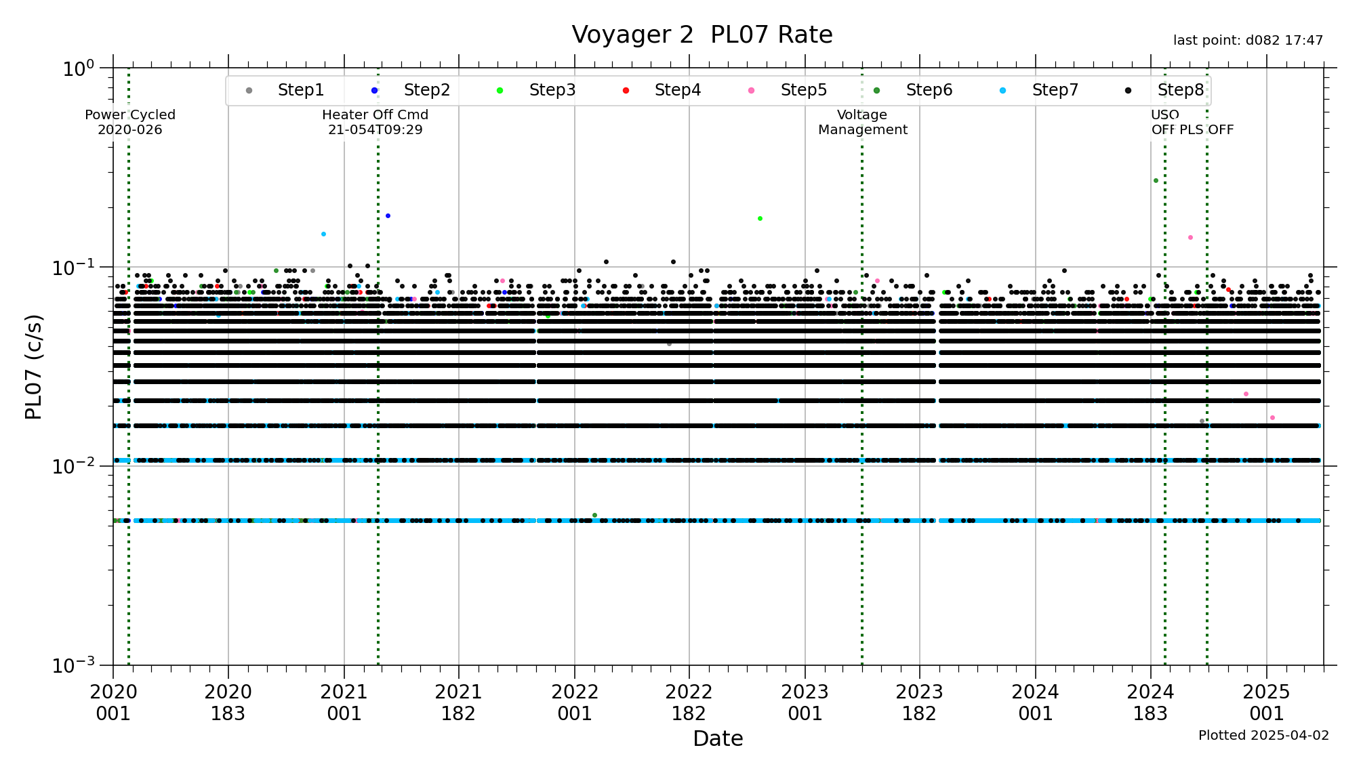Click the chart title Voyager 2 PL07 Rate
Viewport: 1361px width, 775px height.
tap(702, 35)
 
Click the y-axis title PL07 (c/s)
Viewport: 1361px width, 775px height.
tap(33, 366)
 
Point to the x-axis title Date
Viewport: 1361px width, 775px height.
tap(718, 738)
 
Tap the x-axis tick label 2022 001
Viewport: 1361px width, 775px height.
tap(575, 703)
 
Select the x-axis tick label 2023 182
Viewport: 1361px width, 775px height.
tap(920, 703)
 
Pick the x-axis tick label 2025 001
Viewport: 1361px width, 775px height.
tap(1266, 703)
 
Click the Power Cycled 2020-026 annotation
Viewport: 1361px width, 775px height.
tap(130, 122)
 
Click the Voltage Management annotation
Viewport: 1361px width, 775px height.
tap(862, 122)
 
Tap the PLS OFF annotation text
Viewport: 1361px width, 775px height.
tap(1206, 129)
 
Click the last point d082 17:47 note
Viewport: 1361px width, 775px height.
tap(1248, 41)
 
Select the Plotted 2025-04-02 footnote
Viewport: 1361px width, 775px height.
tap(1263, 735)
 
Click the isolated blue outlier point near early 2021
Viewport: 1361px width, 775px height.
tap(388, 215)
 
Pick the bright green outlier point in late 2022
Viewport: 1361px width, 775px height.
tap(760, 218)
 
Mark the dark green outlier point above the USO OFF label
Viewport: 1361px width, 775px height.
tap(1156, 180)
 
